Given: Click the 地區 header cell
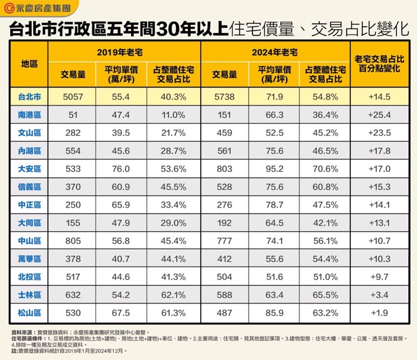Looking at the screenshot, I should (29, 65).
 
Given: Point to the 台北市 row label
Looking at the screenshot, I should (29, 97).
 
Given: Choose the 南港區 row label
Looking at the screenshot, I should (29, 115).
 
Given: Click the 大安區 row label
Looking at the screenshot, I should (29, 169).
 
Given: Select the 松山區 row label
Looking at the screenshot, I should (29, 313).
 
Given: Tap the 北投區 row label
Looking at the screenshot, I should (29, 277).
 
